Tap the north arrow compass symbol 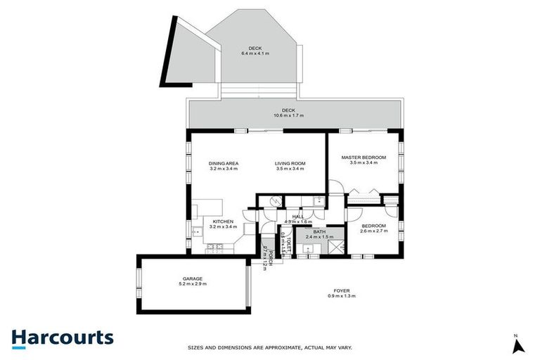[x=517, y=345]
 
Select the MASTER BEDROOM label [x=364, y=157]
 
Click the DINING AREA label [x=224, y=163]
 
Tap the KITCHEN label [x=224, y=221]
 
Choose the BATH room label [x=319, y=231]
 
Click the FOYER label [x=342, y=291]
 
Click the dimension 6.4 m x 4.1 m [x=255, y=53]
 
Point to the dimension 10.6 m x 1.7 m [x=289, y=116]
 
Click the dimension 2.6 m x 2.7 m [x=371, y=231]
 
